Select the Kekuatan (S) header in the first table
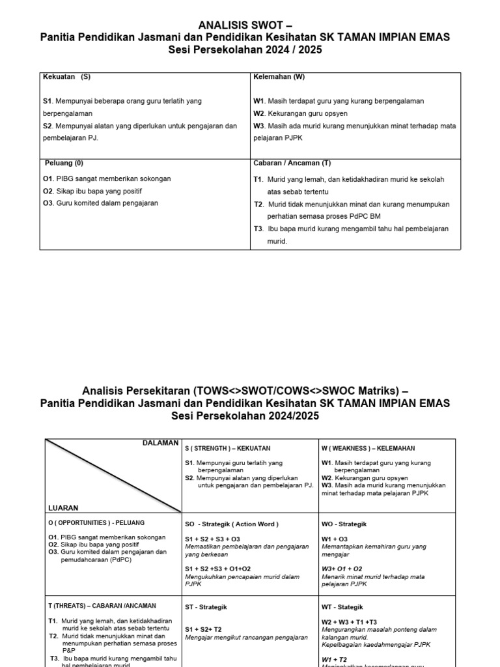66,77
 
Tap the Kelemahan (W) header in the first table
279,77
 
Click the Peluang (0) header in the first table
64,163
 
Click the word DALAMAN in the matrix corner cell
160,443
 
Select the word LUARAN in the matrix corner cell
63,507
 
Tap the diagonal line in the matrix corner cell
111,475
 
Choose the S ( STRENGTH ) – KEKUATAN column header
227,448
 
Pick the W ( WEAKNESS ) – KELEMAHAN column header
368,448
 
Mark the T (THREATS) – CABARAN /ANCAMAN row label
102,605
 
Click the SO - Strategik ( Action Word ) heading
231,524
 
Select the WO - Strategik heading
344,524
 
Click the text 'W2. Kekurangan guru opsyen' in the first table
300,113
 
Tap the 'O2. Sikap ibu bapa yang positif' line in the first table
92,191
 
